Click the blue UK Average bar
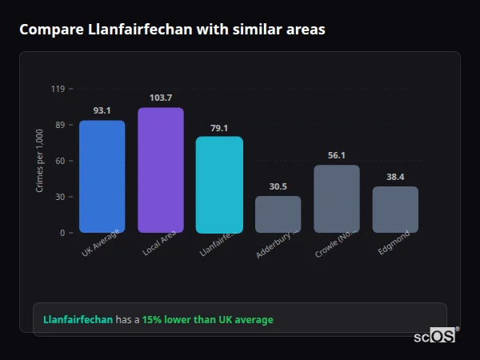coord(102,177)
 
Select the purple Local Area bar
coord(161,170)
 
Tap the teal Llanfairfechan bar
coord(219,185)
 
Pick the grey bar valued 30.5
coord(278,214)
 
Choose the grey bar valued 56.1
coord(337,199)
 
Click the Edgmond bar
coord(395,210)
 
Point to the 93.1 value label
coord(102,110)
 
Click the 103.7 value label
coord(161,98)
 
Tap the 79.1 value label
coord(219,127)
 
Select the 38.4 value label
coord(395,177)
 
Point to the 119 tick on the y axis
coord(58,89)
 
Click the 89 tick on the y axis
coord(59,125)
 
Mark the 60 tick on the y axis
coord(59,161)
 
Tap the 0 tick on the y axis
coord(62,233)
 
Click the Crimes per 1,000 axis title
coord(39,161)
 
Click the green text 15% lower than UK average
coord(207,320)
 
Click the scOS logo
coord(434,336)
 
